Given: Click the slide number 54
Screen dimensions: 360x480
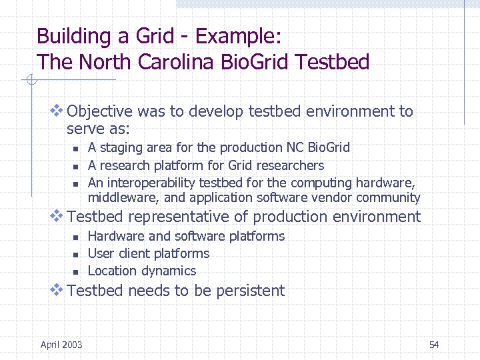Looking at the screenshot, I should tap(434, 344).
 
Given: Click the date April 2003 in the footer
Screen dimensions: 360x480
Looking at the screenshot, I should tap(61, 344).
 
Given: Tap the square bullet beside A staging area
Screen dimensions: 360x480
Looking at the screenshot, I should tap(76, 149).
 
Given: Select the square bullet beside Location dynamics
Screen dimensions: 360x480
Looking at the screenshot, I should tap(76, 272).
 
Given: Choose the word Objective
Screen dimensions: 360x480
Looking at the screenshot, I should tap(100, 111).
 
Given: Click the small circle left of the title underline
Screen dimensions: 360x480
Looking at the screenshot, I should tap(29, 81).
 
